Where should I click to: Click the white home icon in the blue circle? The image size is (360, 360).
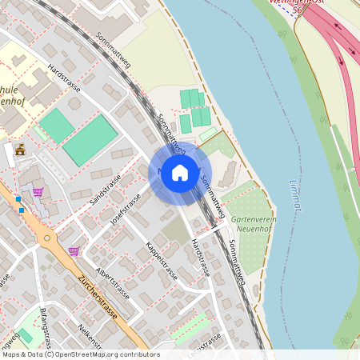pyautogui.click(x=180, y=173)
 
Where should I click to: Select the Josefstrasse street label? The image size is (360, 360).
pyautogui.click(x=125, y=209)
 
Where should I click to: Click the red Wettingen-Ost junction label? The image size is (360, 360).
pyautogui.click(x=297, y=2)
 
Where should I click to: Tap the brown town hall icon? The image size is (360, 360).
pyautogui.click(x=20, y=150)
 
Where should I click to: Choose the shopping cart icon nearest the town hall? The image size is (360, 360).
pyautogui.click(x=38, y=191)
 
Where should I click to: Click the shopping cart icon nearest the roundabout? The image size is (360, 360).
pyautogui.click(x=74, y=251)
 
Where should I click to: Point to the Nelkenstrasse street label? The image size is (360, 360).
pyautogui.click(x=90, y=337)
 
